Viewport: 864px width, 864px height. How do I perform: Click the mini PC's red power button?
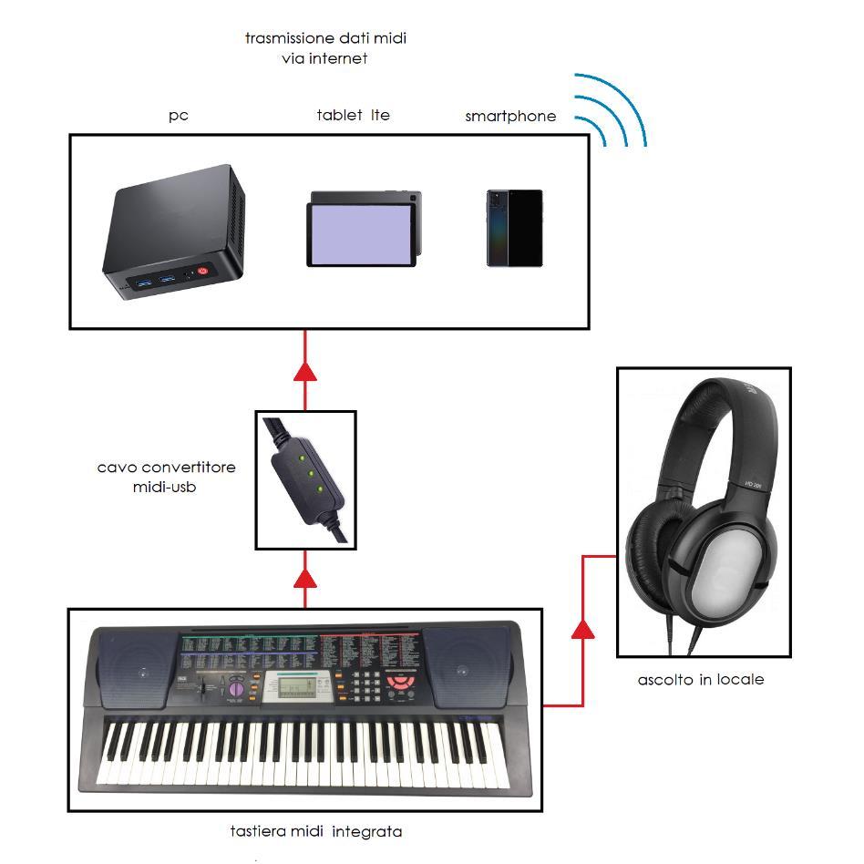tap(202, 271)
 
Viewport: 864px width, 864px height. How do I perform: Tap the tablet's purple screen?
tap(361, 233)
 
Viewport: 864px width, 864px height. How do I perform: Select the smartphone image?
tap(515, 228)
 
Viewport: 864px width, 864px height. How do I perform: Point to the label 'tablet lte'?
tap(353, 115)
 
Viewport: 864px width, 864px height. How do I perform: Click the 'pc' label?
tap(179, 116)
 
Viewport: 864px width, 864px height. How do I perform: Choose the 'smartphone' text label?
tap(510, 116)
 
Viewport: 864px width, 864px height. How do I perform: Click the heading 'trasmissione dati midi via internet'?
tap(325, 48)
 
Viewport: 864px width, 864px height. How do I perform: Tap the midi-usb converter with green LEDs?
tap(307, 478)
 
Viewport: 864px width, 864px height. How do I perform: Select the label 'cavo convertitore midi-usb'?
tap(167, 477)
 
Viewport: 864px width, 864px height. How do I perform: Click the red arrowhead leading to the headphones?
tap(582, 628)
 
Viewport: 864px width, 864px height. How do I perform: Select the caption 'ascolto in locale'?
tap(701, 680)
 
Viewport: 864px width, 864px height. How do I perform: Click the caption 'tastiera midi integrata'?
tap(316, 831)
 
